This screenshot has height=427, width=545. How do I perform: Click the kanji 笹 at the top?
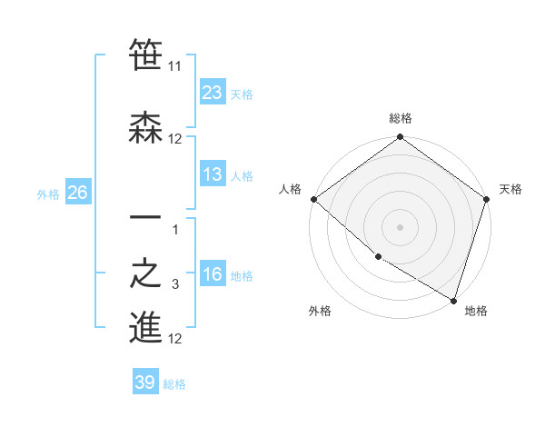(x=145, y=55)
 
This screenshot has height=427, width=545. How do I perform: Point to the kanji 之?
(x=145, y=274)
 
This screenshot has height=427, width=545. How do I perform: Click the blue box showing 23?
(x=212, y=92)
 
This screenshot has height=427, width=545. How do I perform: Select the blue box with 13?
(x=212, y=174)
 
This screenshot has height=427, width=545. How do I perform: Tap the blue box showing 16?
(x=212, y=274)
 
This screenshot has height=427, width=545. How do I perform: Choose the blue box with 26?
(x=77, y=193)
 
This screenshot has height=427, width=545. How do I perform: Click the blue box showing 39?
(x=144, y=382)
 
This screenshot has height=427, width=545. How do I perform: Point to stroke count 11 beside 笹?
(x=175, y=66)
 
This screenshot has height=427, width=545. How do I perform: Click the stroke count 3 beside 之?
(x=175, y=285)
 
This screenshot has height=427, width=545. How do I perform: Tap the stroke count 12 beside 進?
(x=175, y=339)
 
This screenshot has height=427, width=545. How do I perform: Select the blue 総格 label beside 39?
(x=174, y=384)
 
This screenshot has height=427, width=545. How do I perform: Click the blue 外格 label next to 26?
(x=48, y=194)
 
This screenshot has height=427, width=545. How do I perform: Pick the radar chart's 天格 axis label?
(x=510, y=189)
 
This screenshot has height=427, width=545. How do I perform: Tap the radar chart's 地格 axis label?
(x=476, y=311)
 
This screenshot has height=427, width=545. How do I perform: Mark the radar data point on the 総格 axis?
(x=400, y=138)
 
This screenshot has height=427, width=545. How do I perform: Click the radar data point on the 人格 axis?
(x=313, y=199)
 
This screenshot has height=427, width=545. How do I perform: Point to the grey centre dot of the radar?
(x=400, y=226)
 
